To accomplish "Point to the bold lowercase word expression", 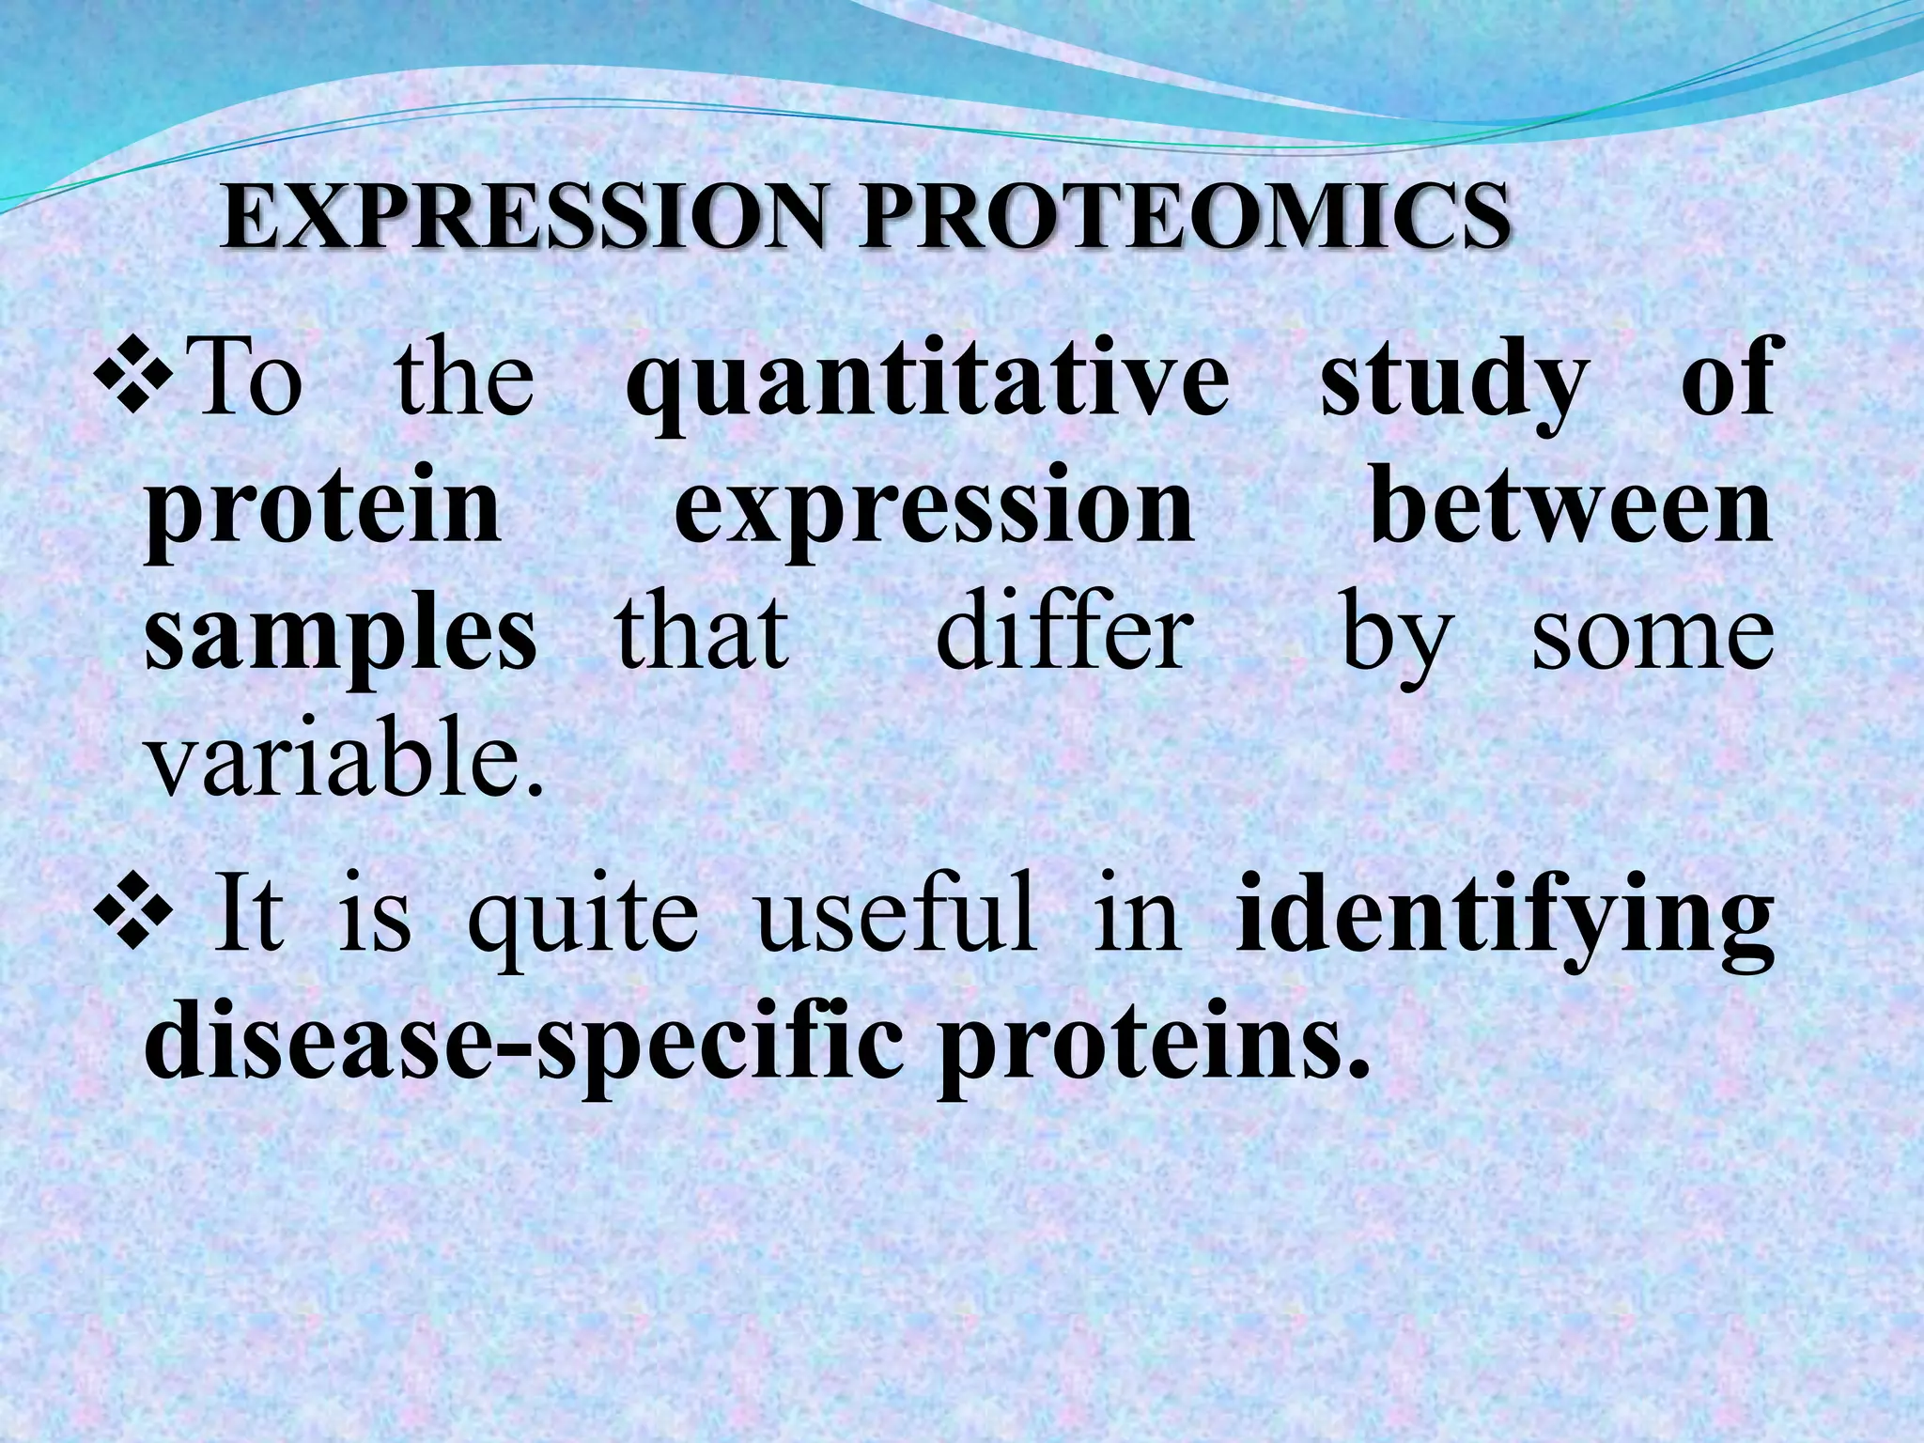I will coord(934,512).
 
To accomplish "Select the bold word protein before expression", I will coord(323,512).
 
